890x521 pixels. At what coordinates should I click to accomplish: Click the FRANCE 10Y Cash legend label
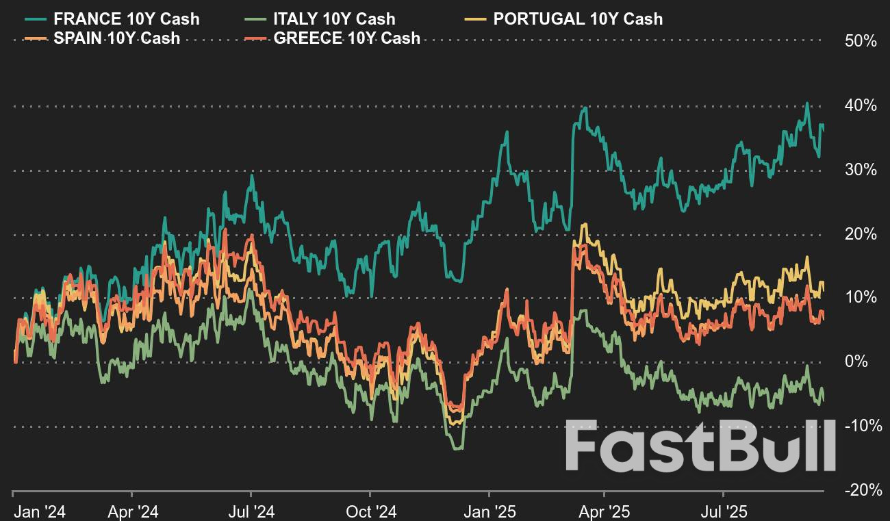pos(126,19)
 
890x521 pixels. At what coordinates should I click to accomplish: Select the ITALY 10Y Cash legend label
pos(334,19)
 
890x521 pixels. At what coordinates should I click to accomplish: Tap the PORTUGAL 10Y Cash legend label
pos(578,19)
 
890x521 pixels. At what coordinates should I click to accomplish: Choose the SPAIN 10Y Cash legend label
pos(116,38)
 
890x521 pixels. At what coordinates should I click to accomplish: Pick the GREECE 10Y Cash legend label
pos(346,38)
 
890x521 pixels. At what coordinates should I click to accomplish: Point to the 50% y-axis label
pos(861,41)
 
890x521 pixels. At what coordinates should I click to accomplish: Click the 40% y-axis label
pos(861,105)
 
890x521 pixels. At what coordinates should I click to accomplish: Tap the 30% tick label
pos(861,169)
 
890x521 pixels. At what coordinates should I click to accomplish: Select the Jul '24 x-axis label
pos(251,511)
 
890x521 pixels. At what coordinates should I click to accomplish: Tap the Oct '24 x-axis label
pos(370,511)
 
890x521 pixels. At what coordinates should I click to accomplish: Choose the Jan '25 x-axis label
pos(489,511)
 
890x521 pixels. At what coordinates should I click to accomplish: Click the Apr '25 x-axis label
pos(605,511)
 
